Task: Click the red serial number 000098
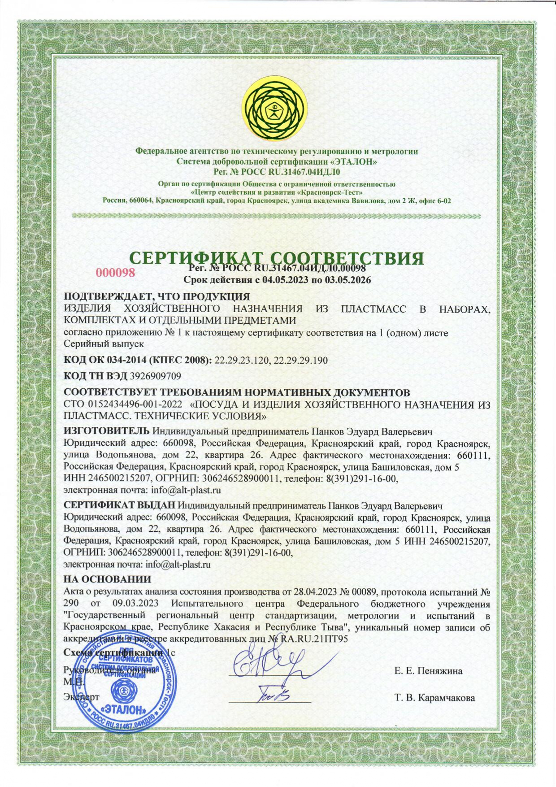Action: (116, 272)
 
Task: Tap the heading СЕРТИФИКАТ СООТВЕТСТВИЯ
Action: (277, 258)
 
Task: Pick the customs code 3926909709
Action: (155, 375)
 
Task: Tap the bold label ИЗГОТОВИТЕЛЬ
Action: (106, 431)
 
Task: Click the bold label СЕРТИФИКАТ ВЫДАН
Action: (122, 506)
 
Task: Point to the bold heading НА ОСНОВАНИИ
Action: (107, 579)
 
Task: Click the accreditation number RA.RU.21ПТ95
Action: (314, 639)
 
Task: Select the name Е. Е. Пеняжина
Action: (428, 671)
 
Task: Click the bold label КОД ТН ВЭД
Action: (96, 375)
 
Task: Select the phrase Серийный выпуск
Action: (104, 344)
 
